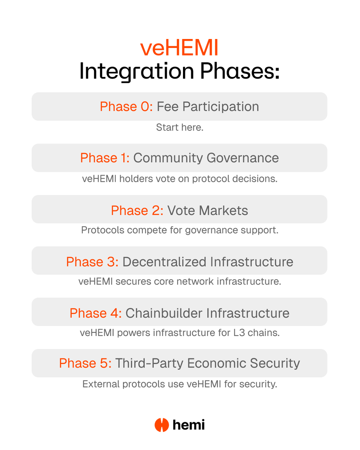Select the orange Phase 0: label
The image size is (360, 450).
[x=126, y=106]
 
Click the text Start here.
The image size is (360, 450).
[x=180, y=127]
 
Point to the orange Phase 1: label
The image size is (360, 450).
[x=105, y=158]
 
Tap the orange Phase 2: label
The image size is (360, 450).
[x=137, y=211]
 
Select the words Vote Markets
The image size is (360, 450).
[x=207, y=211]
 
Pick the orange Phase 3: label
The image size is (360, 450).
[x=92, y=262]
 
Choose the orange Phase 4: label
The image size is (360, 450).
[x=96, y=313]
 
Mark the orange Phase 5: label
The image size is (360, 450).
[x=85, y=363]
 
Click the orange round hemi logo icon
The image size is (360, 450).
[x=162, y=425]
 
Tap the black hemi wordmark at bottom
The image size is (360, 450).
[x=189, y=425]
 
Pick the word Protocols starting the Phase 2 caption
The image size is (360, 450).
[x=103, y=230]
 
